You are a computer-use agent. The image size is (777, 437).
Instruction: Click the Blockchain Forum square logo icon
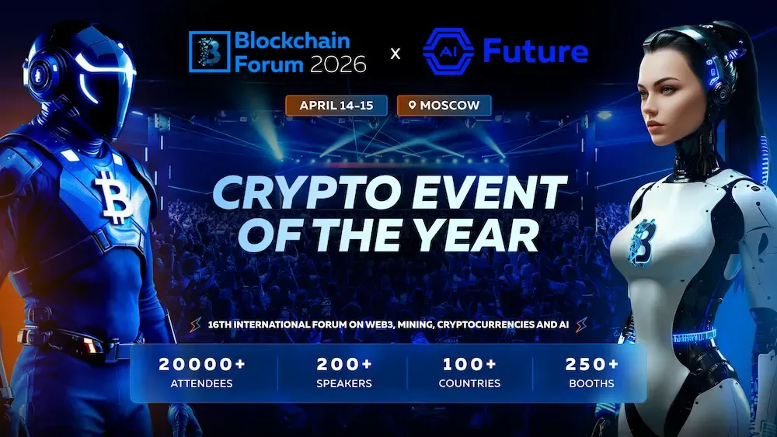click(209, 52)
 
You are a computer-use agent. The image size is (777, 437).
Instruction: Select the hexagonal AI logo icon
click(448, 52)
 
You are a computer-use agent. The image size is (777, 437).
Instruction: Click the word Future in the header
click(535, 51)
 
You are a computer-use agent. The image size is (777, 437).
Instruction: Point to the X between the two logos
click(395, 54)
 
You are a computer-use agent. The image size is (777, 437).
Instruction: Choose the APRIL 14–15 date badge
click(336, 105)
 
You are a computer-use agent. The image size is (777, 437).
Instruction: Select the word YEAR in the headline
click(489, 235)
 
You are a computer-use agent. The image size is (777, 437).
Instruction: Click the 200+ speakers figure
click(344, 364)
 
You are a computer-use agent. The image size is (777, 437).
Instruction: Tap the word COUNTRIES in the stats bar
click(469, 383)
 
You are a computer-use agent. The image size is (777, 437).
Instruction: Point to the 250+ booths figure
click(592, 364)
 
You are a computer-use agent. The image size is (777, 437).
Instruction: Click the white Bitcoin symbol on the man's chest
click(114, 198)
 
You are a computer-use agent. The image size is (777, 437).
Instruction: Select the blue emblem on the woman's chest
click(644, 241)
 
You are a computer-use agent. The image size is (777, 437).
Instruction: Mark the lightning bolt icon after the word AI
click(580, 324)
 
